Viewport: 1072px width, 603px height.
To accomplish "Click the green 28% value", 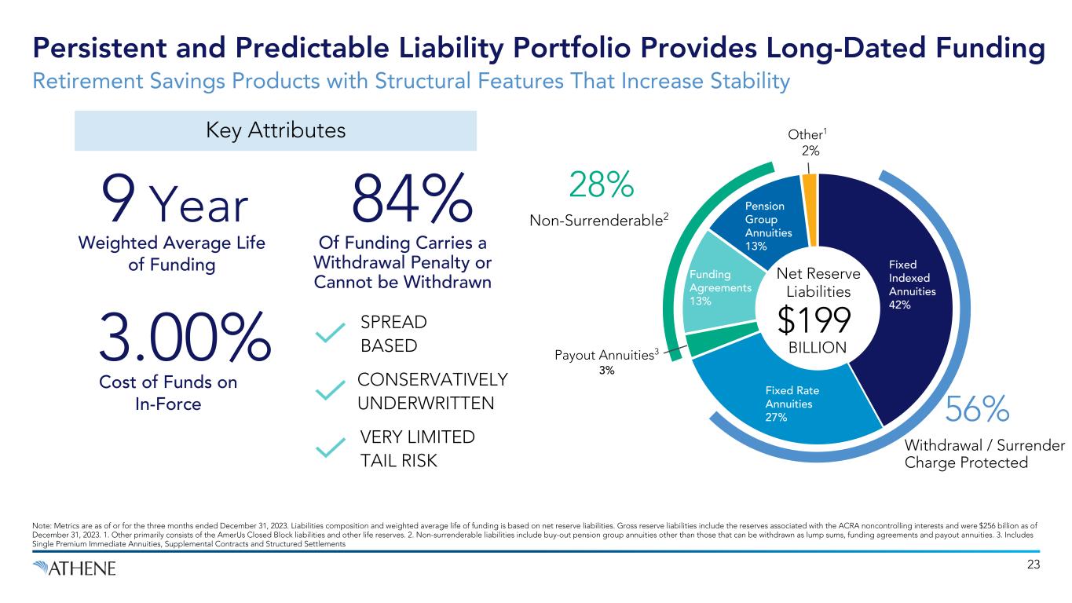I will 599,185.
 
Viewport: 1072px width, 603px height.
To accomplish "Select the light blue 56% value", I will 977,410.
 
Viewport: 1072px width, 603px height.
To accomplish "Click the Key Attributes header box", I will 275,130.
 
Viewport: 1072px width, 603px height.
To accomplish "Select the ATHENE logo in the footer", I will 75,568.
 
